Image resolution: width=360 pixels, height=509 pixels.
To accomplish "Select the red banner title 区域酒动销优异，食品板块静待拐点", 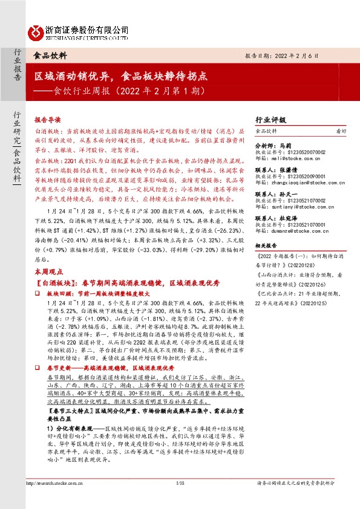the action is (x=121, y=77).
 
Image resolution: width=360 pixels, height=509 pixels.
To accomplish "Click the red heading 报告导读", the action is (x=48, y=120).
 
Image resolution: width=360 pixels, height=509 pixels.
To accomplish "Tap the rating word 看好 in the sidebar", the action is (x=341, y=131).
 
